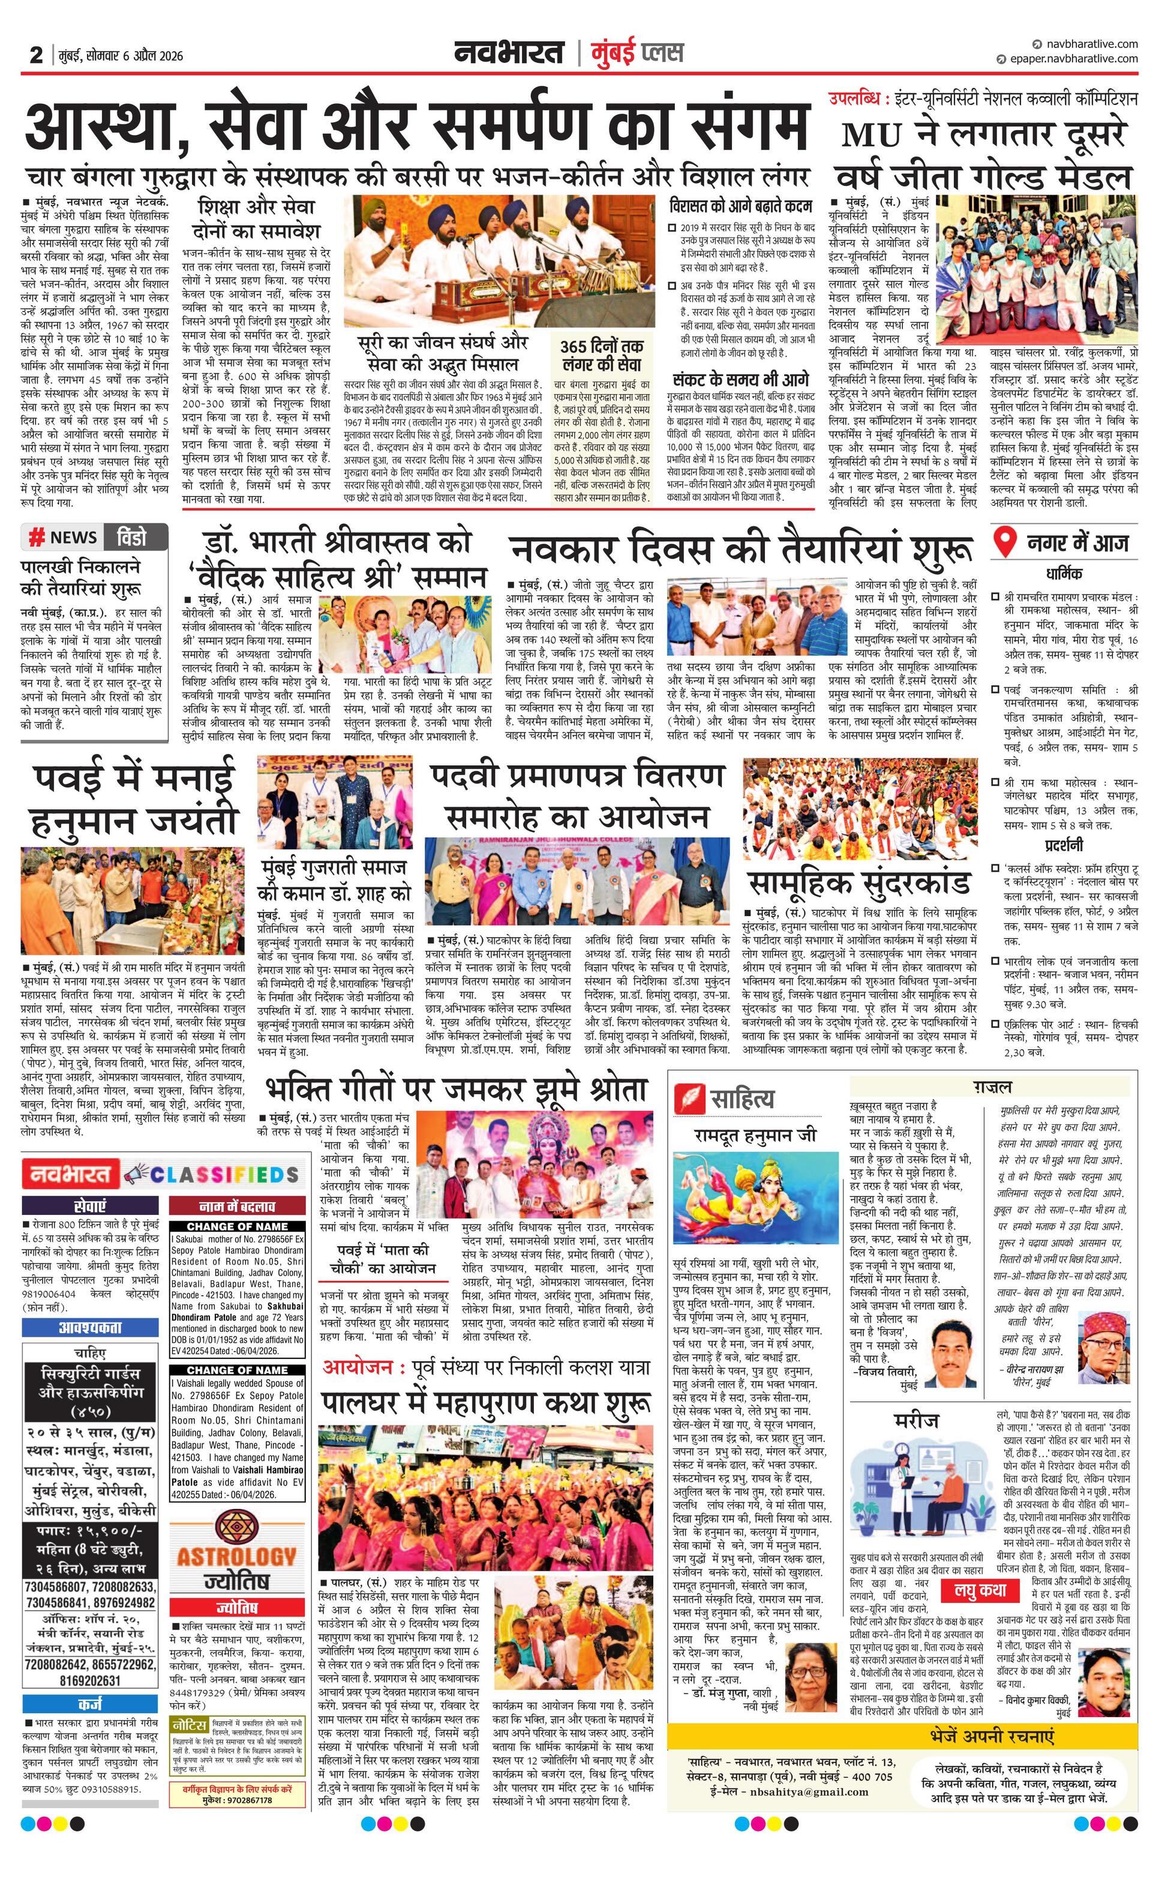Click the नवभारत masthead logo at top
pyautogui.click(x=509, y=53)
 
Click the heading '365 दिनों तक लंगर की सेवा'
pyautogui.click(x=602, y=356)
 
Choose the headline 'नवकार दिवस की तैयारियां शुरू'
pyautogui.click(x=740, y=551)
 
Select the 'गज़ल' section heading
pyautogui.click(x=992, y=1086)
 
